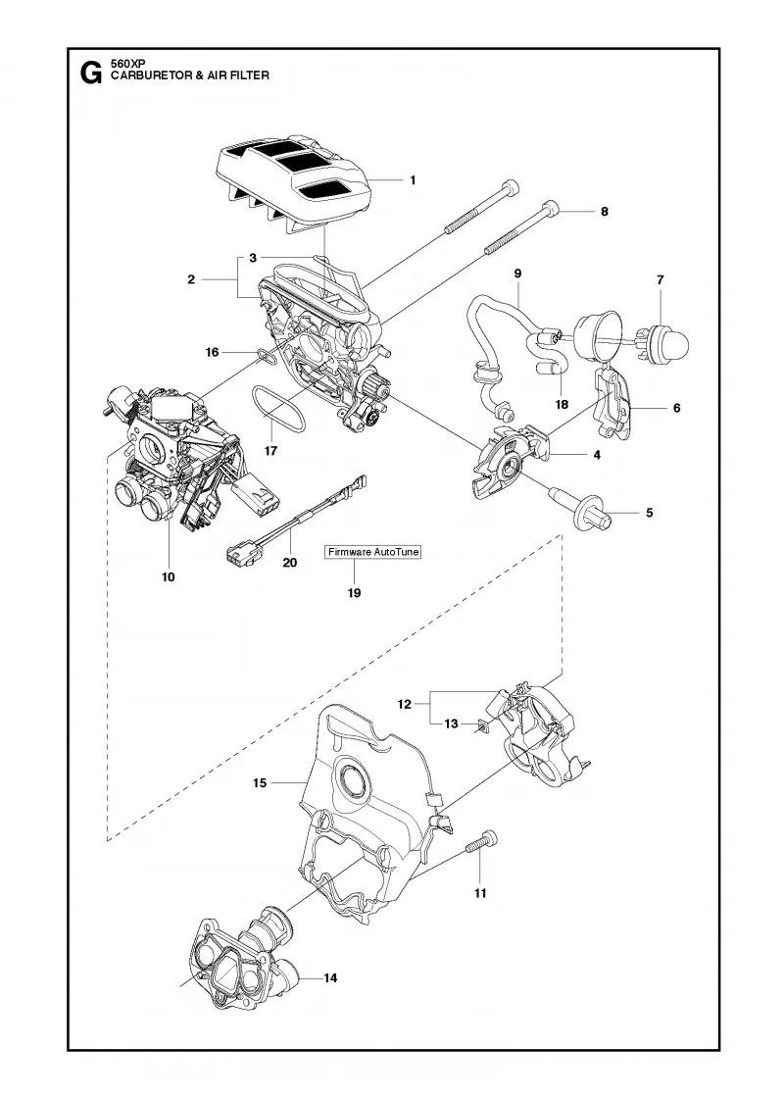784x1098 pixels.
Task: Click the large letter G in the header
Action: coord(91,73)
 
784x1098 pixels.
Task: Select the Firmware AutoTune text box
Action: coord(373,552)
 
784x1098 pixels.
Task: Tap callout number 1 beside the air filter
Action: coord(413,180)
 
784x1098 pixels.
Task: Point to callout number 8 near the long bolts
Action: coord(605,212)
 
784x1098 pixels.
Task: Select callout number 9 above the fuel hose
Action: coord(518,274)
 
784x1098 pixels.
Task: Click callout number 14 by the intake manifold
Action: coord(330,977)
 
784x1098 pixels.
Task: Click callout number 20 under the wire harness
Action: coord(290,563)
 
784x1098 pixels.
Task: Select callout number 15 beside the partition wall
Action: coord(260,783)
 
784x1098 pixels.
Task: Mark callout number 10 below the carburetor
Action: coord(168,577)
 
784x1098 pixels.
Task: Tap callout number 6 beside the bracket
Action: coord(677,408)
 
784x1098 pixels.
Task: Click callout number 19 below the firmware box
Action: coord(354,593)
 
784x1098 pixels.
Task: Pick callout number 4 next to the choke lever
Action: coord(597,455)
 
